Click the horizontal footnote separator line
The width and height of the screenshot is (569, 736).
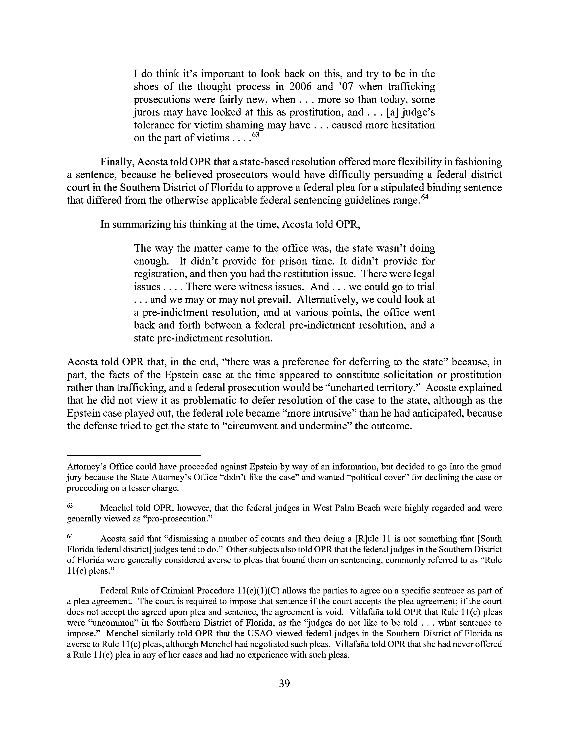click(134, 456)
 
